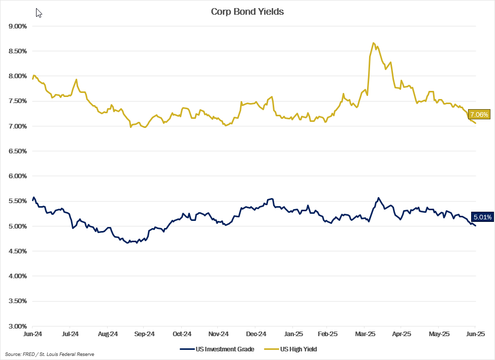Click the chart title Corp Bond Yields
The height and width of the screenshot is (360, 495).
coord(247,12)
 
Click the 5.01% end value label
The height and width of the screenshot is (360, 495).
coord(482,217)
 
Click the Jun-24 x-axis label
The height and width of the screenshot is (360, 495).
coord(32,334)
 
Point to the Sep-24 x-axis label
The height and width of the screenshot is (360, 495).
coord(144,334)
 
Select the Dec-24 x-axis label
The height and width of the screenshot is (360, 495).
coord(256,334)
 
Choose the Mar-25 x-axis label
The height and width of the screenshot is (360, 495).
coord(365,334)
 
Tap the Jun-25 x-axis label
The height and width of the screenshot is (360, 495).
coord(475,334)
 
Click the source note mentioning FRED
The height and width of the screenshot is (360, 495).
coord(49,354)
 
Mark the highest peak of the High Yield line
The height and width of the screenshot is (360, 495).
coord(373,43)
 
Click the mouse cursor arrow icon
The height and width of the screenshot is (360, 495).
coord(39,13)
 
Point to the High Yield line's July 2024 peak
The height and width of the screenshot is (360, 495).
coord(76,80)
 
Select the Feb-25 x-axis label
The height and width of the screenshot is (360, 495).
coord(327,334)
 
